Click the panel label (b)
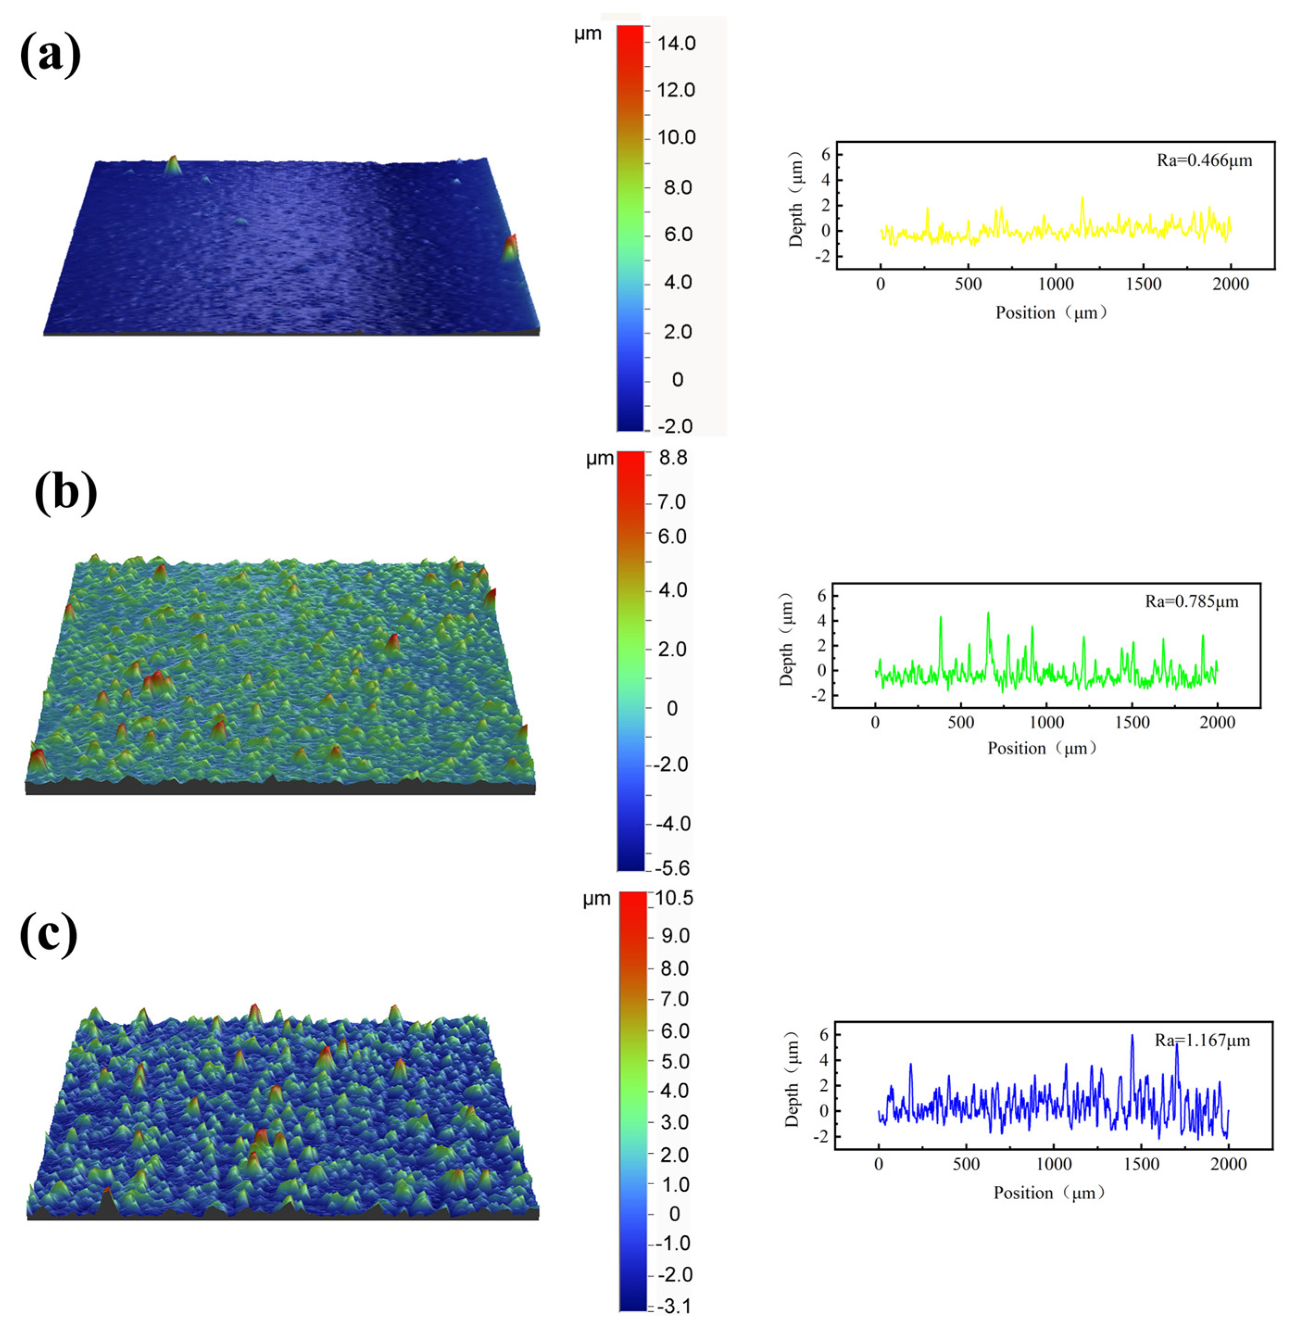click(x=66, y=492)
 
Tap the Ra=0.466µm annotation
click(x=1204, y=161)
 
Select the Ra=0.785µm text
click(x=1192, y=601)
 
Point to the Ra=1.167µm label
click(x=1202, y=1040)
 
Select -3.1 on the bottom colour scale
click(x=672, y=1306)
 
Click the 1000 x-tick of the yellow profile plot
click(x=1055, y=284)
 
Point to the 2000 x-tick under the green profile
click(x=1217, y=723)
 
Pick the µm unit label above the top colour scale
click(x=588, y=34)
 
